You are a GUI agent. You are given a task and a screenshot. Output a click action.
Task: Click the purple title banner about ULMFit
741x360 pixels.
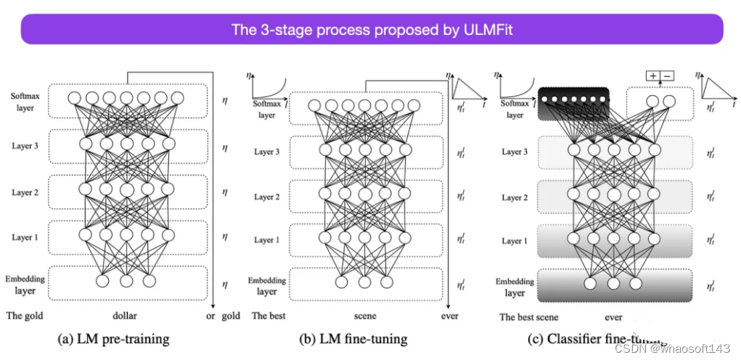[x=370, y=30]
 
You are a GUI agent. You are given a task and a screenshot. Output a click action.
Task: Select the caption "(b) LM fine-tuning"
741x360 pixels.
[x=353, y=339]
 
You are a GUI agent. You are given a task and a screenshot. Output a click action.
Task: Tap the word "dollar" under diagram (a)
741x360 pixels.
[x=125, y=316]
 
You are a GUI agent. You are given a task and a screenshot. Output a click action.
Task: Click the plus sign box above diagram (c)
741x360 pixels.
[x=654, y=75]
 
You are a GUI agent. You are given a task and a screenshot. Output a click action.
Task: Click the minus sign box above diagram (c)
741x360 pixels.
[x=668, y=75]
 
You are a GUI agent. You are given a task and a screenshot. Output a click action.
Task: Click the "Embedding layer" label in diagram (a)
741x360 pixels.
[x=26, y=285]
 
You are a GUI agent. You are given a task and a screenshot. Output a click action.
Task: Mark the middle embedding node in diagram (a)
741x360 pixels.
[x=126, y=280]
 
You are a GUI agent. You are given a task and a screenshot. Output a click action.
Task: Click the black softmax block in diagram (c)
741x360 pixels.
[x=573, y=102]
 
